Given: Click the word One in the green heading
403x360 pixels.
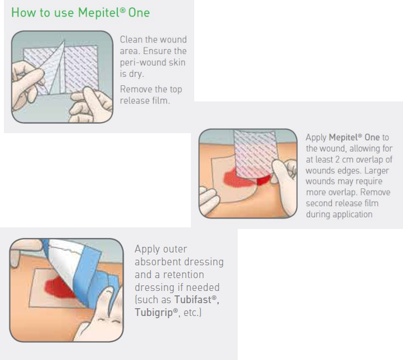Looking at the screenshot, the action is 139,13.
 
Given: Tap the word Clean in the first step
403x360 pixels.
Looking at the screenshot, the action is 131,40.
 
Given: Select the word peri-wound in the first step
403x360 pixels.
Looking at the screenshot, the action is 143,62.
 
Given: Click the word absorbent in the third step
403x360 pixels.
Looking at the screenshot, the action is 156,262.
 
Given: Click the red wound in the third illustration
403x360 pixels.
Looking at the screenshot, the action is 58,288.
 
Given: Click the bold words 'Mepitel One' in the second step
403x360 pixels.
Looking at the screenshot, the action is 354,138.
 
